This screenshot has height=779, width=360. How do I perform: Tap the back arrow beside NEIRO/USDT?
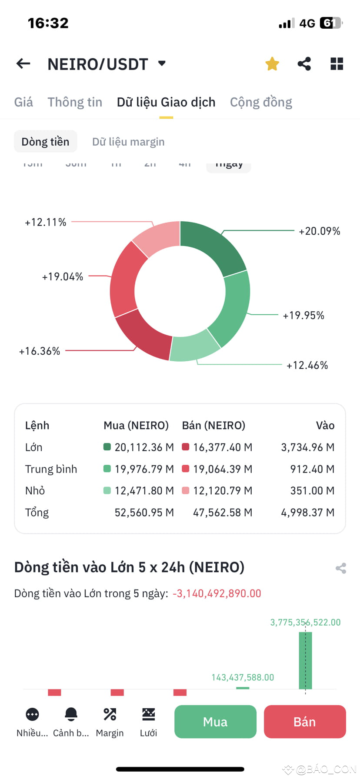click(23, 64)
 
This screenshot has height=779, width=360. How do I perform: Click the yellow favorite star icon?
click(272, 64)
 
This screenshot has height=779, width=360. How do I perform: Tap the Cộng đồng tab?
click(261, 102)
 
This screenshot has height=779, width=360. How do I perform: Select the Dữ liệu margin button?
click(128, 142)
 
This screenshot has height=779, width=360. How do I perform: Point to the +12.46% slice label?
click(307, 365)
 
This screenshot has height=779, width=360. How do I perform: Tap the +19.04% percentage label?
click(62, 277)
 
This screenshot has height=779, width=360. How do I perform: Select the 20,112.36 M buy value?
click(144, 447)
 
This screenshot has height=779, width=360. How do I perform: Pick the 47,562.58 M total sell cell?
click(222, 513)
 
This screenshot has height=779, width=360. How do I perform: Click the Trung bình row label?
click(51, 469)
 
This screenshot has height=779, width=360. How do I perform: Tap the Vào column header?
click(325, 426)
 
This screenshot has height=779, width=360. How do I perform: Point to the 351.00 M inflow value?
click(312, 491)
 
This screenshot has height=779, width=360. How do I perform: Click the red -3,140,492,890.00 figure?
click(217, 593)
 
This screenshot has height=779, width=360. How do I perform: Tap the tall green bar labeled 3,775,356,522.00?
click(305, 661)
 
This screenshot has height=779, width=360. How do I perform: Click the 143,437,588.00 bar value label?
click(243, 677)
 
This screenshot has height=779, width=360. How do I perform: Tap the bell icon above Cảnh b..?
click(71, 714)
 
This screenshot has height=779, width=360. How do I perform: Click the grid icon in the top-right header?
click(337, 64)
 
